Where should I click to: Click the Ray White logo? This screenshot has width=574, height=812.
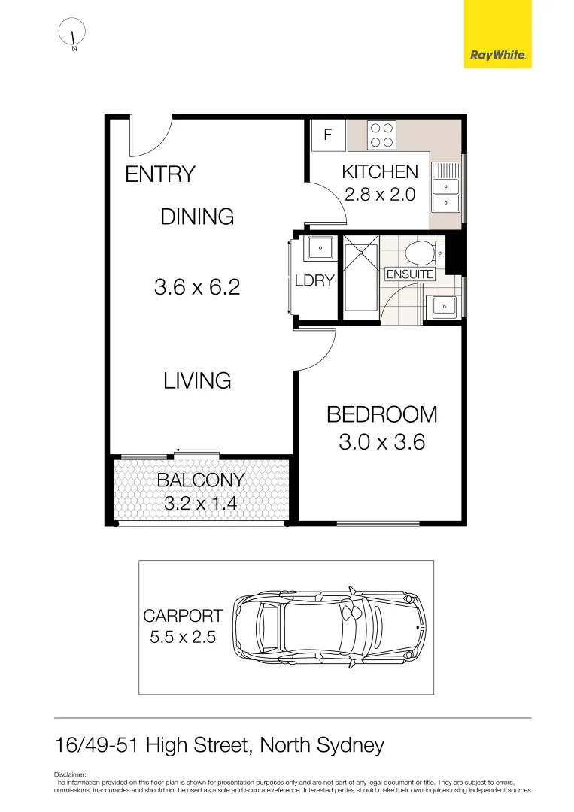click(497, 35)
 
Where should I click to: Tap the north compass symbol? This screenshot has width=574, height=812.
click(73, 32)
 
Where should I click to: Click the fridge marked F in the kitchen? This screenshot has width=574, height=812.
click(327, 135)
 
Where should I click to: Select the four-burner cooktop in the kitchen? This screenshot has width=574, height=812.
click(381, 135)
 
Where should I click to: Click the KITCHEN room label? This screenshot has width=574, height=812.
click(380, 172)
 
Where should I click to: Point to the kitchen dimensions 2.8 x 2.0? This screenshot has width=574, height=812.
click(380, 195)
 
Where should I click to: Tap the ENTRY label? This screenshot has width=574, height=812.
click(159, 174)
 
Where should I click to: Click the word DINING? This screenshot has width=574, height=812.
click(197, 217)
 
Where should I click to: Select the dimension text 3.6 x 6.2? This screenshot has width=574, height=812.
click(197, 286)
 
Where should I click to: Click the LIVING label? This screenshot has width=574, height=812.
click(197, 380)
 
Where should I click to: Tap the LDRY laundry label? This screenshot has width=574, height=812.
click(314, 280)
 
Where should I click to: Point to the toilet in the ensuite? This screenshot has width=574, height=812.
click(419, 250)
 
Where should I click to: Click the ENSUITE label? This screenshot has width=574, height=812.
click(410, 274)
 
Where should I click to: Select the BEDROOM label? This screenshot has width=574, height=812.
click(381, 414)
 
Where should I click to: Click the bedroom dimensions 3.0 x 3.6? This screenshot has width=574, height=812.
click(381, 442)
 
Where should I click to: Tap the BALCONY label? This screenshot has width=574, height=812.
click(200, 480)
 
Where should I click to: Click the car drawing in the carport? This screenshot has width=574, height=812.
click(329, 627)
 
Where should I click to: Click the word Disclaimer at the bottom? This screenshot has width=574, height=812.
click(71, 774)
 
